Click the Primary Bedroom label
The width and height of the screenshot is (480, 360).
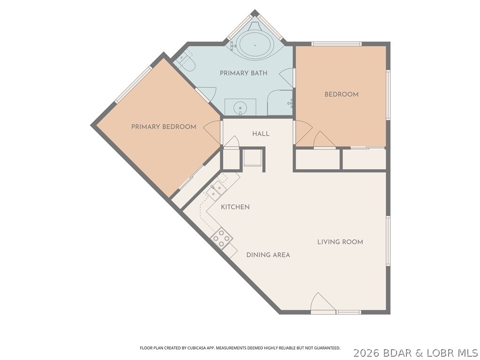(164, 127)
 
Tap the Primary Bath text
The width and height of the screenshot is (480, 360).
(244, 73)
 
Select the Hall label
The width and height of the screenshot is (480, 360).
(261, 134)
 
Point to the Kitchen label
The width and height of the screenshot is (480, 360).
(235, 207)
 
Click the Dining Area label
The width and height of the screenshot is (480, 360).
(268, 255)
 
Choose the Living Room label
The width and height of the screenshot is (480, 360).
(340, 242)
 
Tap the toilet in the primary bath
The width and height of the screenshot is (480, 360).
(186, 62)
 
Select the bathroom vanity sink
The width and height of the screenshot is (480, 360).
(240, 107)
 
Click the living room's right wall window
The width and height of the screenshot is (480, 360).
(388, 240)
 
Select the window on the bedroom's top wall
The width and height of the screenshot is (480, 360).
(337, 44)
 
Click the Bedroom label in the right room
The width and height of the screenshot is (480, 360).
(341, 94)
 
